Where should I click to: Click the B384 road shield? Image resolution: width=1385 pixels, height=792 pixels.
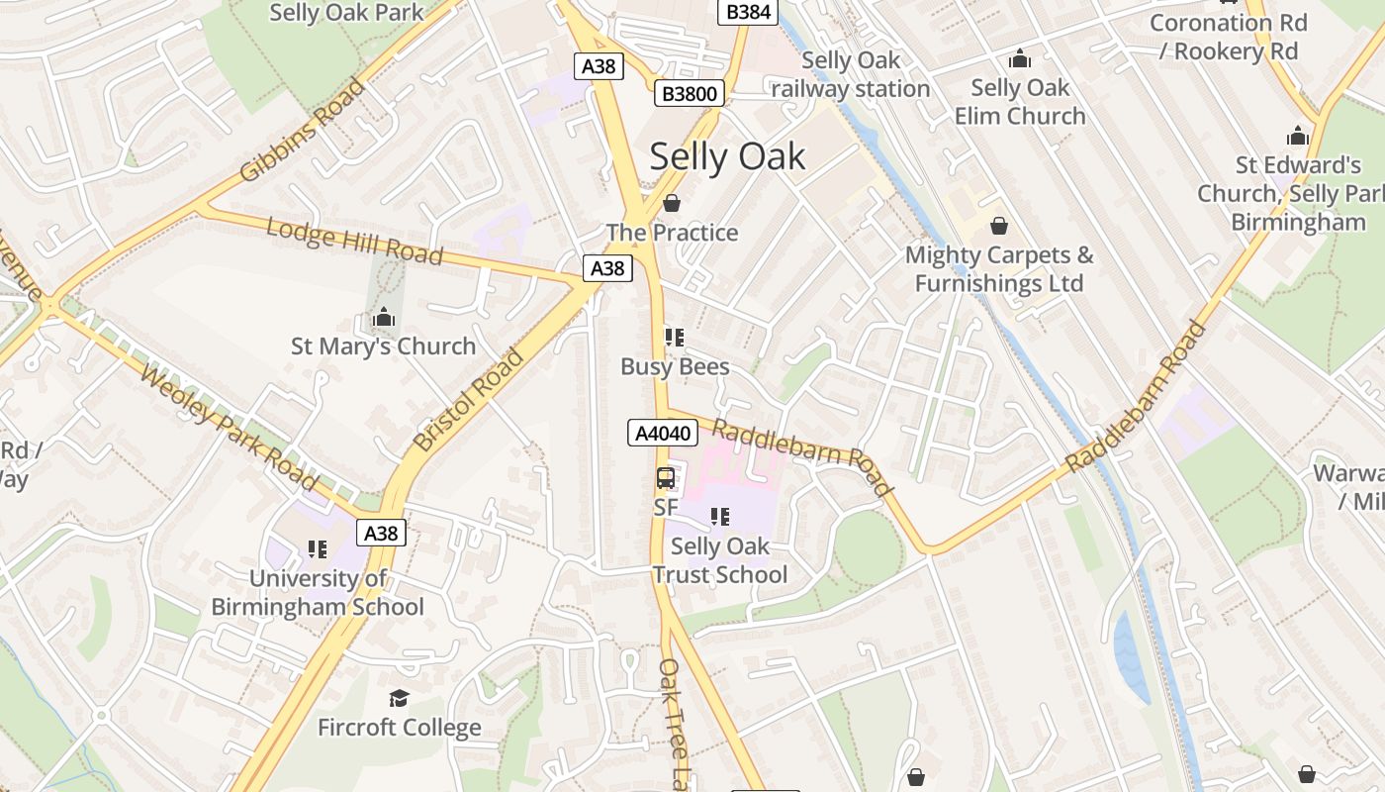point(747,12)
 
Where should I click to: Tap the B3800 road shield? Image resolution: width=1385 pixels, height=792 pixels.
point(690,94)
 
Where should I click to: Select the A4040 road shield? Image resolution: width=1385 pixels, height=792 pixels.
point(663,433)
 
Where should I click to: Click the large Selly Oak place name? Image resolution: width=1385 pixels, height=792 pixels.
point(727,156)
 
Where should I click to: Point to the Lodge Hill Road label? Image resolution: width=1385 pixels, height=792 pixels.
point(354,241)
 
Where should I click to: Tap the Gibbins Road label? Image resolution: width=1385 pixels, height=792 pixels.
point(302,131)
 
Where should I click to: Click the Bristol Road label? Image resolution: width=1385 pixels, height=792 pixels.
point(469,401)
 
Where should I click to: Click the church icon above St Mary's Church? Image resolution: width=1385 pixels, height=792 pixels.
point(383,318)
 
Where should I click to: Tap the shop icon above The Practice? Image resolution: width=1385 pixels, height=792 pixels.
point(672,204)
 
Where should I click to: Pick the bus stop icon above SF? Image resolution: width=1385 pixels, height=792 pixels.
point(666,478)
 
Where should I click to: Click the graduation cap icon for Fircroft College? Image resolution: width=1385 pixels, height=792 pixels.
point(399,699)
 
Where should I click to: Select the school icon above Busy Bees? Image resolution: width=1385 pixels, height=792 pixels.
point(675,338)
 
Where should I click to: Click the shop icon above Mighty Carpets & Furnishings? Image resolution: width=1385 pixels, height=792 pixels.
point(998,226)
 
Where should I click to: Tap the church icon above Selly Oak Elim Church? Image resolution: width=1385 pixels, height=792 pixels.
point(1019,58)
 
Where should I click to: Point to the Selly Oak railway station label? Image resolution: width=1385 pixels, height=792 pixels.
point(851,74)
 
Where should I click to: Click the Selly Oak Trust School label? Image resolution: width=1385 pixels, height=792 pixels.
point(719,560)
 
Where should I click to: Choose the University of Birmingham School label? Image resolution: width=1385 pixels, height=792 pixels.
point(318,592)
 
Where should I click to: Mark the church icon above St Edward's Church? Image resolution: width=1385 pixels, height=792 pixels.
point(1297,136)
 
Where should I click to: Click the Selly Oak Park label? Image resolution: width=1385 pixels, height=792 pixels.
point(346,12)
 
